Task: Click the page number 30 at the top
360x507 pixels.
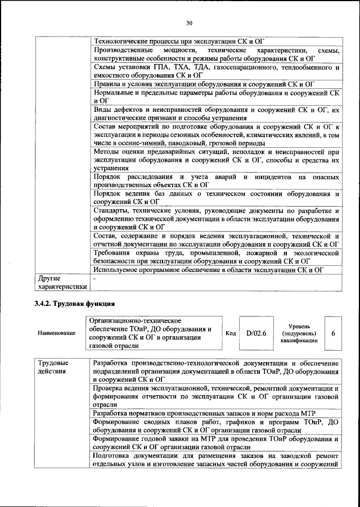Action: pos(189,23)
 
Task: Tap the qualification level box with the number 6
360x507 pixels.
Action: pos(333,333)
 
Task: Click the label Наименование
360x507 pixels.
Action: pos(56,333)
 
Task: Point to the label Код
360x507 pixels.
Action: pos(231,333)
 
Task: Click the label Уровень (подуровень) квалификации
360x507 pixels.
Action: pos(298,333)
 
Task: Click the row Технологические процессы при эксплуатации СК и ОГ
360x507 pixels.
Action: pos(178,41)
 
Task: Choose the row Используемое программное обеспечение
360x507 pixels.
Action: pos(210,270)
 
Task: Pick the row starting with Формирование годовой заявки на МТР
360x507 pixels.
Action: pos(216,442)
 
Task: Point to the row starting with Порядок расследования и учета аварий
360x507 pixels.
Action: pos(216,180)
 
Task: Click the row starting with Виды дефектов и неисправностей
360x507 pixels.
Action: pos(216,114)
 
